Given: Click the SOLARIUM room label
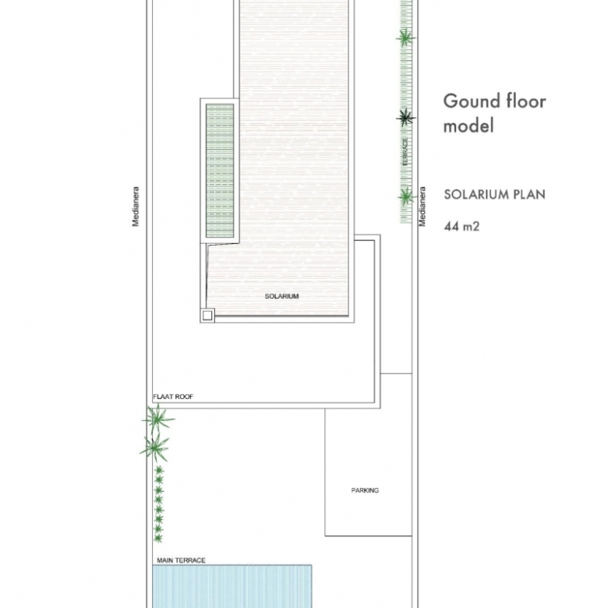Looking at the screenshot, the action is [281, 296].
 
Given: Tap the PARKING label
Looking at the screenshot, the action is [365, 490].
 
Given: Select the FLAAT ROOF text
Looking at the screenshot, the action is [173, 397].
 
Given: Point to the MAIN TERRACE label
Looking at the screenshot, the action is [181, 560].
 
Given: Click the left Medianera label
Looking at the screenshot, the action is [136, 207].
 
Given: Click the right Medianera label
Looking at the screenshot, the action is [422, 207].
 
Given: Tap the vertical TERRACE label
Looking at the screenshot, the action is [405, 152].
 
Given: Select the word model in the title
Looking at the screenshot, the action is [468, 125].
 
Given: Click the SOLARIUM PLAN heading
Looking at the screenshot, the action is [494, 194].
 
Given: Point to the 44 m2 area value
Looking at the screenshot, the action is [461, 226].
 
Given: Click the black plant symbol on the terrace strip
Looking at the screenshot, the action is [405, 118].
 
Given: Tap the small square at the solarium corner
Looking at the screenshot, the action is [207, 315].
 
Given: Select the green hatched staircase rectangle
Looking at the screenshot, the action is [220, 171].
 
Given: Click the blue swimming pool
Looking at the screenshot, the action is [232, 586].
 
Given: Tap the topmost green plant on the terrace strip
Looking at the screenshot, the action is [405, 38].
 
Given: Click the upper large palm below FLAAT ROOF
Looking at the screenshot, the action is [157, 419].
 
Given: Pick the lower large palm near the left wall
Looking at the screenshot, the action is [154, 448].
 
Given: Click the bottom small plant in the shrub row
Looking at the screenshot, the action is [157, 538].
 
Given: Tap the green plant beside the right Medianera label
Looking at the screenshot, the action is [406, 197].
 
